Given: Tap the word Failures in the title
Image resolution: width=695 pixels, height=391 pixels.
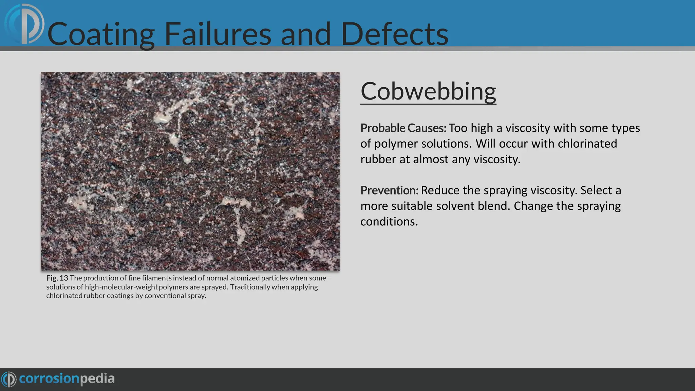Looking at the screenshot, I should [218, 34].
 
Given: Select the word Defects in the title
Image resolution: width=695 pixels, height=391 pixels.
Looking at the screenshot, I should [394, 34].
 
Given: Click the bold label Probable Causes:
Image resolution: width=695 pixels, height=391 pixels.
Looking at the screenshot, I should [403, 128].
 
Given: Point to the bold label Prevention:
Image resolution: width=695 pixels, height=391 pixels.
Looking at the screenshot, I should [389, 190].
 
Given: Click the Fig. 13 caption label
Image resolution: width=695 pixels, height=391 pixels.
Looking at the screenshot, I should [57, 278].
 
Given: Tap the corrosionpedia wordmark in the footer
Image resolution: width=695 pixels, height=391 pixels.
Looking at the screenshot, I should [67, 378].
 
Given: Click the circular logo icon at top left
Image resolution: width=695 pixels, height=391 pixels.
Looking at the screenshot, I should [24, 24].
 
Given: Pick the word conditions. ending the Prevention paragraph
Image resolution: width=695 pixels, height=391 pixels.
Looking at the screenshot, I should [389, 222].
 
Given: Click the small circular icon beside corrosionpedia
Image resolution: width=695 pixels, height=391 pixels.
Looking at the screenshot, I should [9, 379].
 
